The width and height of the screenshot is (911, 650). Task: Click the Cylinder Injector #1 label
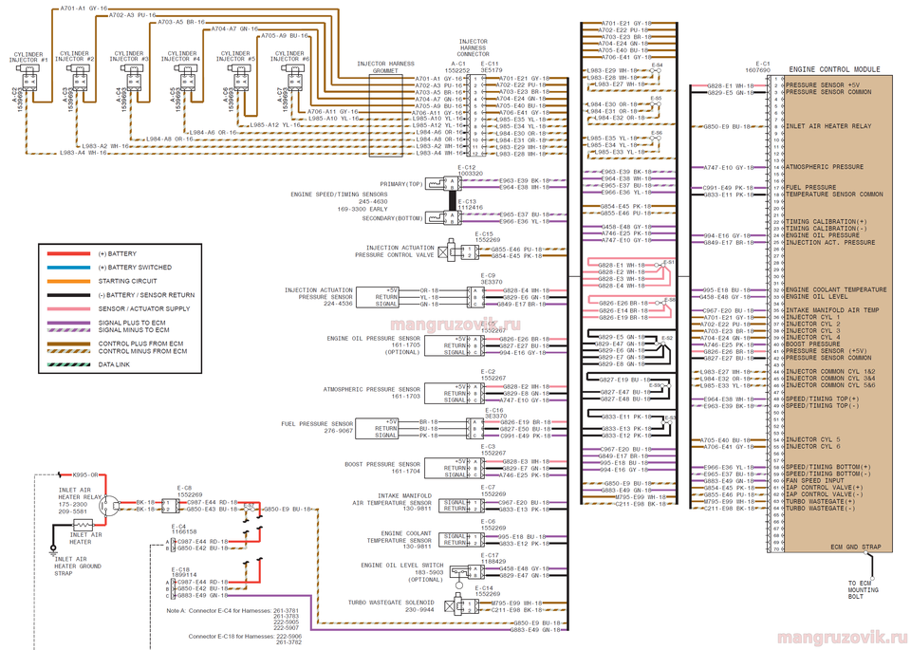(x=28, y=57)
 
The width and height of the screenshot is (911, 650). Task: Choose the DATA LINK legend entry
(x=116, y=364)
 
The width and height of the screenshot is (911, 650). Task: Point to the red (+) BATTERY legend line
(x=66, y=254)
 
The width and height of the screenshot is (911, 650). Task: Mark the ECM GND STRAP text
(x=856, y=548)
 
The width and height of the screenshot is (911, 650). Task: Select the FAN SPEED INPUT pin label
(x=813, y=480)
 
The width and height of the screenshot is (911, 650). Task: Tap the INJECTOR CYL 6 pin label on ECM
(x=813, y=446)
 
